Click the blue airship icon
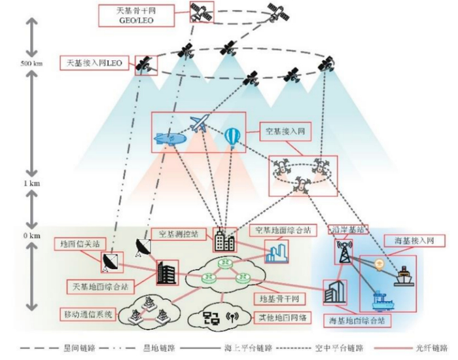169,140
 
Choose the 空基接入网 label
284,131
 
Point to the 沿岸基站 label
350,230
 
